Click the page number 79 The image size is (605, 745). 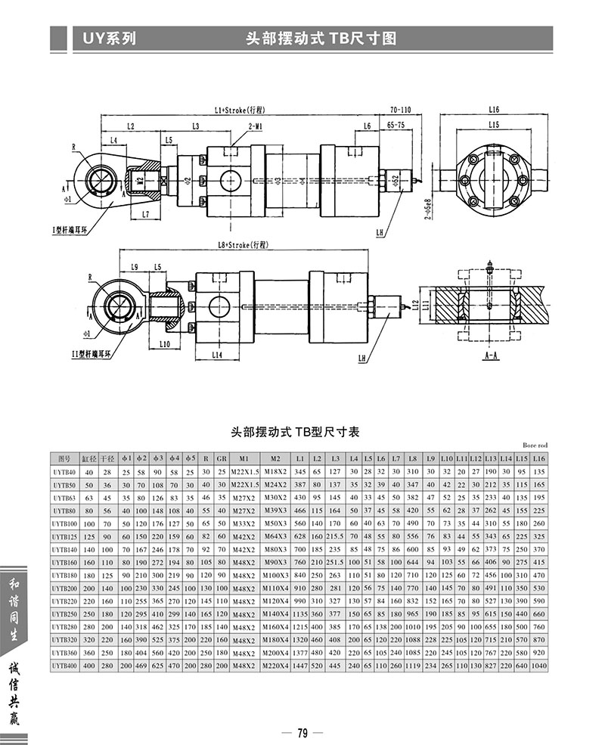(302, 732)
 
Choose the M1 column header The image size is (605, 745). (244, 459)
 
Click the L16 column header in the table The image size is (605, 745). (538, 459)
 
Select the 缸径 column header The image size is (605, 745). (90, 459)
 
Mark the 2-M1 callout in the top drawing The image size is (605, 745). (255, 126)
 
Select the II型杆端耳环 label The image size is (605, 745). (107, 352)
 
